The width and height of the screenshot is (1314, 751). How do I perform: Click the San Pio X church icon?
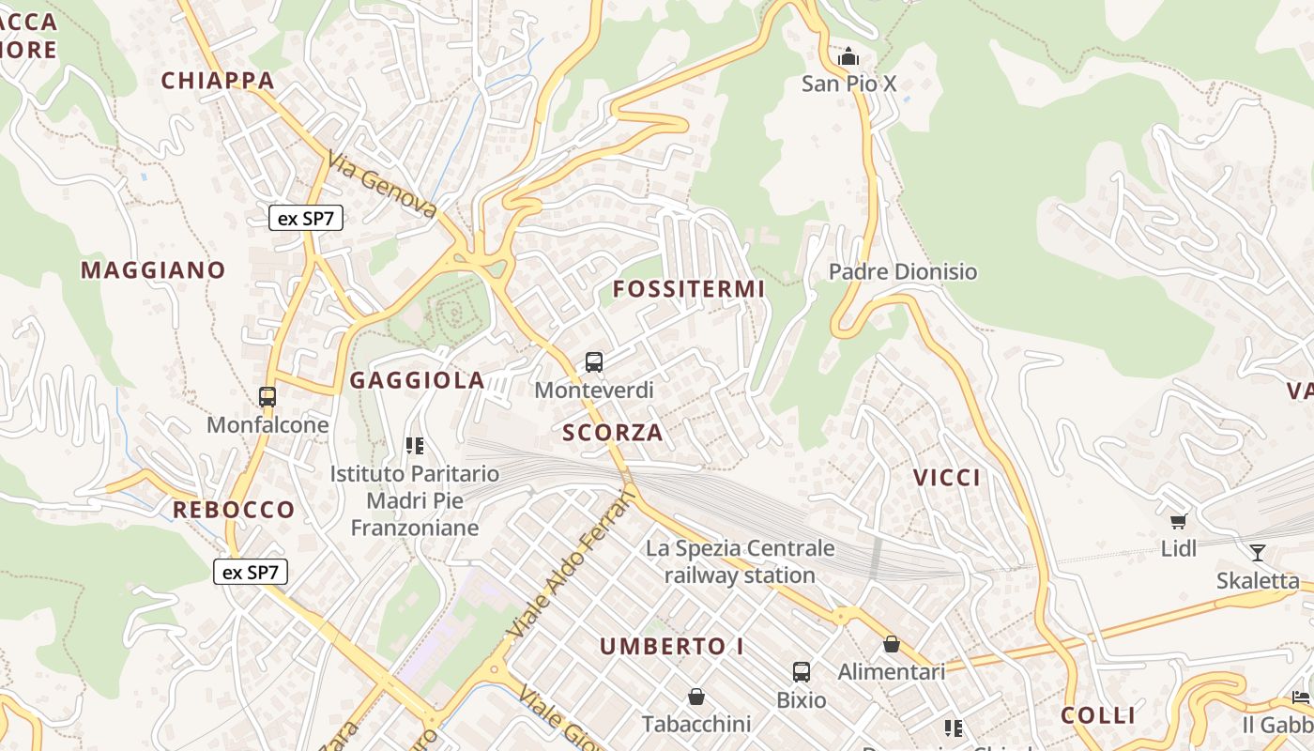pyautogui.click(x=848, y=57)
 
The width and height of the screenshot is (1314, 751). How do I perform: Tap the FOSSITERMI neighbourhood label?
pyautogui.click(x=689, y=289)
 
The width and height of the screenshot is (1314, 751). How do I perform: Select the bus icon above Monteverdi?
pyautogui.click(x=593, y=362)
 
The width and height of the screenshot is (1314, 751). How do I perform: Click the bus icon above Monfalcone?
pyautogui.click(x=267, y=397)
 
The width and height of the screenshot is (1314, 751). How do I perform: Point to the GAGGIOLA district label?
pyautogui.click(x=417, y=380)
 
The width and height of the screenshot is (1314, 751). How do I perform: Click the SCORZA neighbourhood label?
pyautogui.click(x=613, y=433)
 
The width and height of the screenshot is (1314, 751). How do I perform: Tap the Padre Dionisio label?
pyautogui.click(x=902, y=272)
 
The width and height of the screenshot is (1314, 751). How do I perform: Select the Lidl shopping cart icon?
pyautogui.click(x=1178, y=521)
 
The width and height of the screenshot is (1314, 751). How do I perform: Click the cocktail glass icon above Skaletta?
pyautogui.click(x=1258, y=553)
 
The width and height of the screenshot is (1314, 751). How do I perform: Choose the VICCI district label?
pyautogui.click(x=947, y=478)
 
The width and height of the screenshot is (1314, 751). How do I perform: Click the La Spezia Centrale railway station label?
pyautogui.click(x=740, y=561)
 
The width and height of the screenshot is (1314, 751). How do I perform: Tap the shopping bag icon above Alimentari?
pyautogui.click(x=891, y=645)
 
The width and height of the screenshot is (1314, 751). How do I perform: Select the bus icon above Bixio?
pyautogui.click(x=801, y=672)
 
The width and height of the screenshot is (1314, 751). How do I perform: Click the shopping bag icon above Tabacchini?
pyautogui.click(x=696, y=697)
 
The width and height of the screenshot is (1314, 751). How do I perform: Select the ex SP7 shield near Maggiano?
pyautogui.click(x=306, y=219)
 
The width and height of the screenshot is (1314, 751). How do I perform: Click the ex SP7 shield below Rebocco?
pyautogui.click(x=251, y=572)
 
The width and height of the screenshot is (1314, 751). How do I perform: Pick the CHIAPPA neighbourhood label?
pyautogui.click(x=218, y=81)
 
